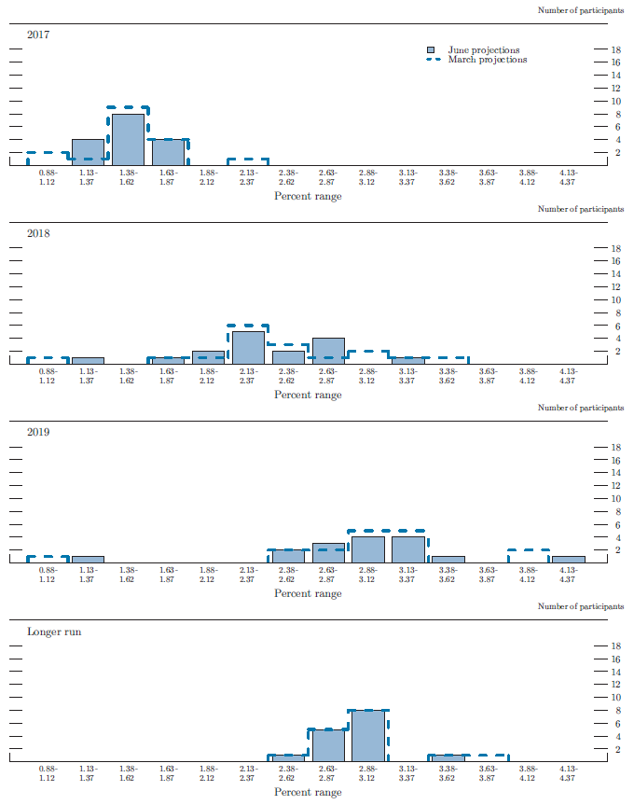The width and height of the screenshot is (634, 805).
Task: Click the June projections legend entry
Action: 483,49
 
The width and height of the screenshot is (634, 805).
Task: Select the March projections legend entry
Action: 486,60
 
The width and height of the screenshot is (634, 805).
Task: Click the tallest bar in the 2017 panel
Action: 128,139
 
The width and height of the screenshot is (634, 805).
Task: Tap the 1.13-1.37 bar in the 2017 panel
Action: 88,152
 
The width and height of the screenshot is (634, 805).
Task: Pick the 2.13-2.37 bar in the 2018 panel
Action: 248,347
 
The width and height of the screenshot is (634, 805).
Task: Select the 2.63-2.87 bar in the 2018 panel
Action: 328,351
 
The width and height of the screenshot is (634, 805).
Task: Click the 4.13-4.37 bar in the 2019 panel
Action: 568,560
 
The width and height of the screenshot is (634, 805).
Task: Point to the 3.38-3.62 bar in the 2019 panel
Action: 448,560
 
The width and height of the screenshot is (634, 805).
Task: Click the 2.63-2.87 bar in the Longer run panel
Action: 328,745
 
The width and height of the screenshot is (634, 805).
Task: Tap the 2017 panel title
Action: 39,35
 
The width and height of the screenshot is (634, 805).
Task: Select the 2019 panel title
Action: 39,432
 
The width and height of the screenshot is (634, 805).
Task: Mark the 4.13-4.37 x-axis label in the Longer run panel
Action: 568,772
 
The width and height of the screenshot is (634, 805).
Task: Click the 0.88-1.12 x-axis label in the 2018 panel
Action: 48,375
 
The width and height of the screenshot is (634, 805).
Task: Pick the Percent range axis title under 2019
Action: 308,593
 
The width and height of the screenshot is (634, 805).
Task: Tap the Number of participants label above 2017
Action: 580,10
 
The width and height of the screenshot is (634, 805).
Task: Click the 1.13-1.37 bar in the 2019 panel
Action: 88,560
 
